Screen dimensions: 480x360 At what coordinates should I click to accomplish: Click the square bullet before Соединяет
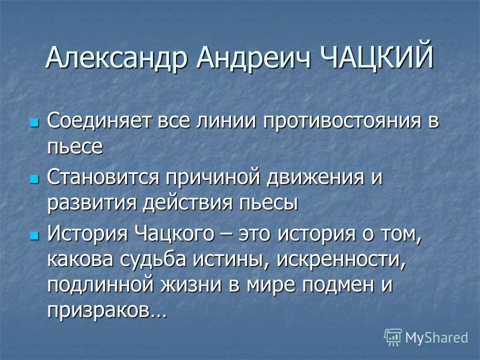point(34,122)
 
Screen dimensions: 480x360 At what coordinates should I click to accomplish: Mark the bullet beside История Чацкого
point(34,235)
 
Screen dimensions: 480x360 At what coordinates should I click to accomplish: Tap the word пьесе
point(75,146)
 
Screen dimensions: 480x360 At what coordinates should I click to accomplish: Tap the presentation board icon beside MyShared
point(393,337)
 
